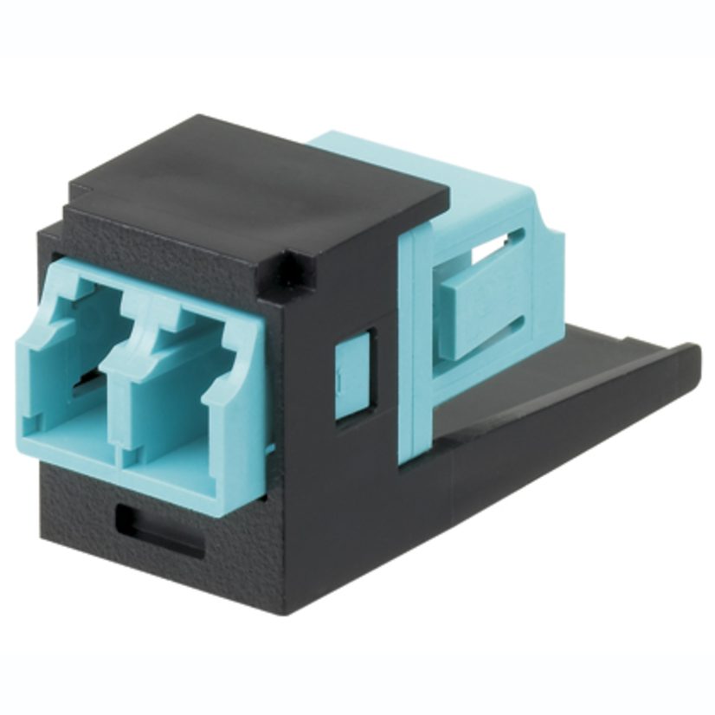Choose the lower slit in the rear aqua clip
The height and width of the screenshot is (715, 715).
498,342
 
